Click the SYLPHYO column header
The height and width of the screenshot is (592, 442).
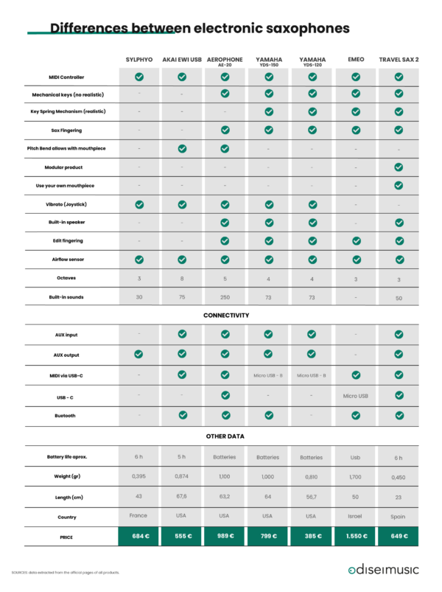pos(138,59)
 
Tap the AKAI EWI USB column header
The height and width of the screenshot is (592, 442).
pos(182,59)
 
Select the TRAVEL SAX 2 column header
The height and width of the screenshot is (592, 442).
pos(399,59)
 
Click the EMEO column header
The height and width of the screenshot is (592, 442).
pos(355,59)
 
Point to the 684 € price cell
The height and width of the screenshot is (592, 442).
pos(138,536)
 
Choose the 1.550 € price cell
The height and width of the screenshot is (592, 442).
pos(355,536)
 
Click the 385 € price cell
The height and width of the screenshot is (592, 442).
pos(312,536)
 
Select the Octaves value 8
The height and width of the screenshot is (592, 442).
pos(182,278)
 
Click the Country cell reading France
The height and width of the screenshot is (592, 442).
pos(138,515)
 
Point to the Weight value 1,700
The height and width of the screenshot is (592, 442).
pos(355,476)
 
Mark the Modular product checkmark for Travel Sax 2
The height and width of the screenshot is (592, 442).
pos(399,167)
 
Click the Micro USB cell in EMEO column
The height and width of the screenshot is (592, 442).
pos(355,396)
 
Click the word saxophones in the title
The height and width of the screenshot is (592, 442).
pos(301,28)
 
